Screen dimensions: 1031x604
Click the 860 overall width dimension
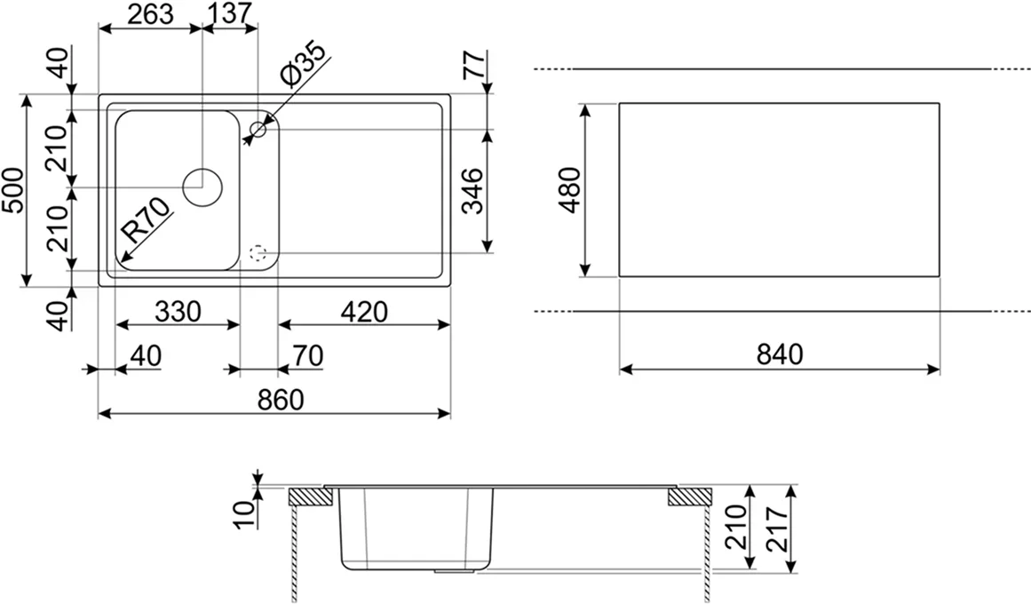tap(281, 400)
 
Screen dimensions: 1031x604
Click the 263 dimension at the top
tap(151, 14)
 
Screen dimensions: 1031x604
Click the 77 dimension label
tap(474, 65)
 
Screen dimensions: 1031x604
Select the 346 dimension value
tap(472, 191)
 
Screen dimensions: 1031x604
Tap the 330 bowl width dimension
tap(178, 311)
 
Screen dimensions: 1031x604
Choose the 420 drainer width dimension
tap(364, 311)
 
